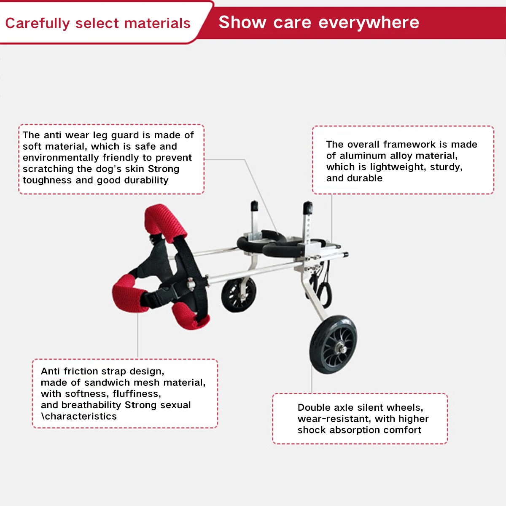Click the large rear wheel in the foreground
click(x=333, y=344)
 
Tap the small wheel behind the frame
click(x=239, y=294)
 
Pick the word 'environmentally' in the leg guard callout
click(x=60, y=158)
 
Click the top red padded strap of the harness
click(x=165, y=223)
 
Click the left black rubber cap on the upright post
click(x=254, y=206)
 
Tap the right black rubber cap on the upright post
click(x=308, y=207)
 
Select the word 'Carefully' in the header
click(x=38, y=24)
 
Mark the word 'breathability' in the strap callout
click(x=91, y=405)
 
